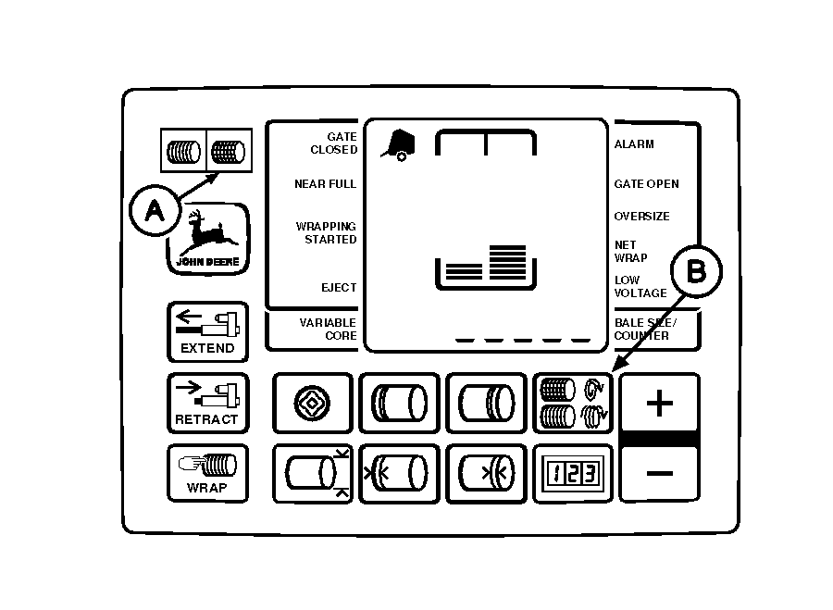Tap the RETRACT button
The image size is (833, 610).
point(207,403)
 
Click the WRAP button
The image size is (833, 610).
point(207,472)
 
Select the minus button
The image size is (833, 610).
point(659,473)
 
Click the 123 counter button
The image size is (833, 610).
point(572,472)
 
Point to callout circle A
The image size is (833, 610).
point(155,211)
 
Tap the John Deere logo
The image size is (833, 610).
point(208,239)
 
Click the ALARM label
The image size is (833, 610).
point(634,144)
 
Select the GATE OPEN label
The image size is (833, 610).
point(646,184)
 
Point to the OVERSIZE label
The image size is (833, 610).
point(642,217)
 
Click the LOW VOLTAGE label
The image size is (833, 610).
point(640,287)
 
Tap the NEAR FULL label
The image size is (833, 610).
point(325,184)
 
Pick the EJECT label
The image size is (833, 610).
point(339,288)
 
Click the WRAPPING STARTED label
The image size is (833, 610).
point(326,233)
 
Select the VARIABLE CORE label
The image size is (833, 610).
point(328,330)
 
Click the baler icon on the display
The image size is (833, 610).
point(399,143)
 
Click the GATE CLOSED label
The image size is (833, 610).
point(333,143)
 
